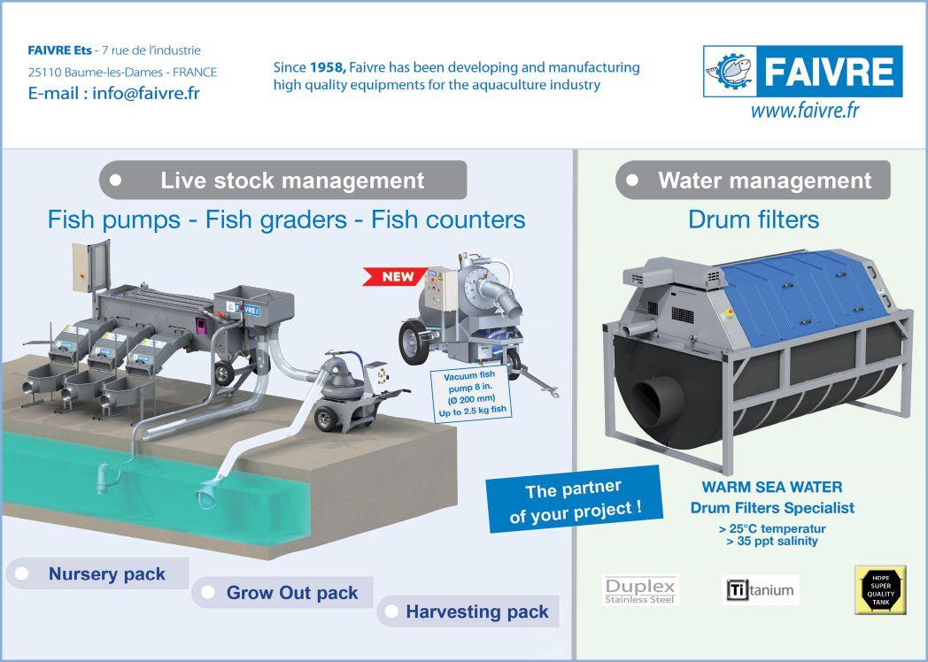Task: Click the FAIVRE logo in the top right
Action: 802,72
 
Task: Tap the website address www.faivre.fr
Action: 805,112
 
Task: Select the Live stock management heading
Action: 291,181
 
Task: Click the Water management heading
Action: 764,181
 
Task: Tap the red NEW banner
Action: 397,277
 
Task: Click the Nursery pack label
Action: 106,573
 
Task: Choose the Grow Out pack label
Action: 291,593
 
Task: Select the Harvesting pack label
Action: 476,612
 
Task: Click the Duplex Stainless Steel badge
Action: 639,589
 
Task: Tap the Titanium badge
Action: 761,589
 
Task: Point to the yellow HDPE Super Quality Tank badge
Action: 879,589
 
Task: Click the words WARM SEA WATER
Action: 771,487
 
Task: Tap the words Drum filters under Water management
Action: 753,219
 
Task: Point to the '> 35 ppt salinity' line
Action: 771,540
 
